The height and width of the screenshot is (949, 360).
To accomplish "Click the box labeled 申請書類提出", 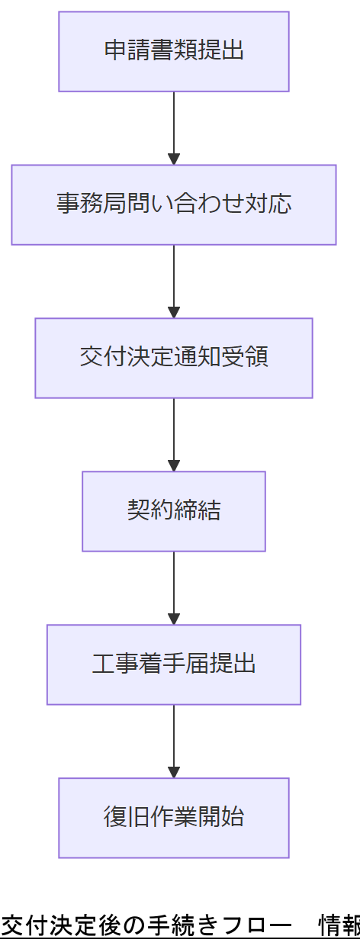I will (174, 51).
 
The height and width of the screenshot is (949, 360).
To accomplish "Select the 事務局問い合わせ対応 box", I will (174, 204).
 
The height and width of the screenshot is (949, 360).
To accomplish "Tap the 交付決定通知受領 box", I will (174, 358).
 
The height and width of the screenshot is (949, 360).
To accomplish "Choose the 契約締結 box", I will (174, 511).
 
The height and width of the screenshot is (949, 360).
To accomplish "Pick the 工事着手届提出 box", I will (174, 664).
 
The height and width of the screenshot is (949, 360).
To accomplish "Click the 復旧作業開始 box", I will (174, 818).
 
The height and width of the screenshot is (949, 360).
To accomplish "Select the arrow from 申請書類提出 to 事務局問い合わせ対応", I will (174, 127).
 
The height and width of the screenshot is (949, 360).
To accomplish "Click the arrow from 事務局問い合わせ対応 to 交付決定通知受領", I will (174, 281).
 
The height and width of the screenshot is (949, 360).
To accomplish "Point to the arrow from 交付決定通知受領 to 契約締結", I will (174, 434).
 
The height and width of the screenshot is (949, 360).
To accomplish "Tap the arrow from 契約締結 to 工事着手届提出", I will (174, 587).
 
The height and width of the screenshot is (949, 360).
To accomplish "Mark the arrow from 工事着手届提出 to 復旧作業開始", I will (174, 741).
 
